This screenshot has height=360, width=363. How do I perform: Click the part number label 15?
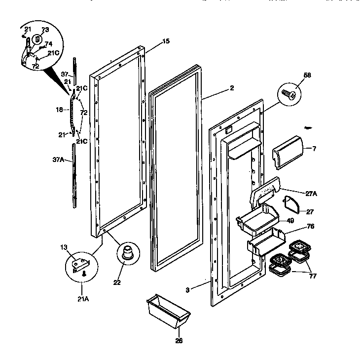(x=166, y=41)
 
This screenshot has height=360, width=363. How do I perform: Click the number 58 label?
(x=307, y=75)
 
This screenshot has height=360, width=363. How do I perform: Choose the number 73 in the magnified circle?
(x=45, y=30)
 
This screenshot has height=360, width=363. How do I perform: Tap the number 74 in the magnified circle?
(x=48, y=43)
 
